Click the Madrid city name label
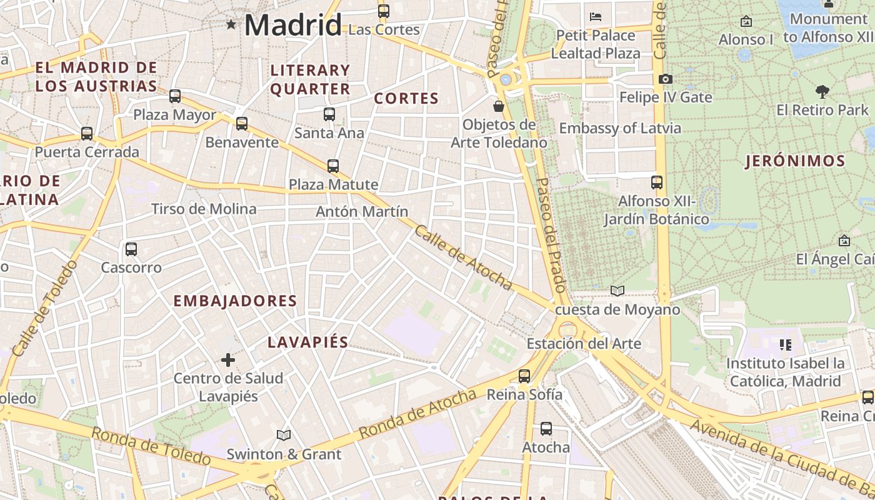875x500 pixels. pos(292,25)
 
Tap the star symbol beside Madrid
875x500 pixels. pos(232,25)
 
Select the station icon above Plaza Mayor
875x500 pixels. pos(175,96)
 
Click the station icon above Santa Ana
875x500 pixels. pos(329,114)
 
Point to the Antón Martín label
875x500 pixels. pos(361,211)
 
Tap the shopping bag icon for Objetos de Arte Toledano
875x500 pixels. pos(499,106)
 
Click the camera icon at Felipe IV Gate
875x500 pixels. pos(666,79)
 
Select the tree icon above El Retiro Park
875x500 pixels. pos(822,92)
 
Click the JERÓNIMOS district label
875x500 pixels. pos(795,161)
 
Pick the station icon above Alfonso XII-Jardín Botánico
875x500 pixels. pos(657,182)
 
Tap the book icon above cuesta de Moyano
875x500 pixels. pos(617,291)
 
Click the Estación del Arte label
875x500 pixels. pos(584,343)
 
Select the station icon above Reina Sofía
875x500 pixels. pos(524,376)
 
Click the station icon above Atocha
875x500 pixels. pos(546,429)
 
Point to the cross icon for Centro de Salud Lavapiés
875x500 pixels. pos(228,359)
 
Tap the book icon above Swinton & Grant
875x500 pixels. pos(284,435)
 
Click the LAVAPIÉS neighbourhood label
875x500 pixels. pos(307,342)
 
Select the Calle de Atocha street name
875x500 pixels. pos(463,257)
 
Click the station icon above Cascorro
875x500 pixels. pos(131,249)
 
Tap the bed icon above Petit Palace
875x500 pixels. pos(596,16)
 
